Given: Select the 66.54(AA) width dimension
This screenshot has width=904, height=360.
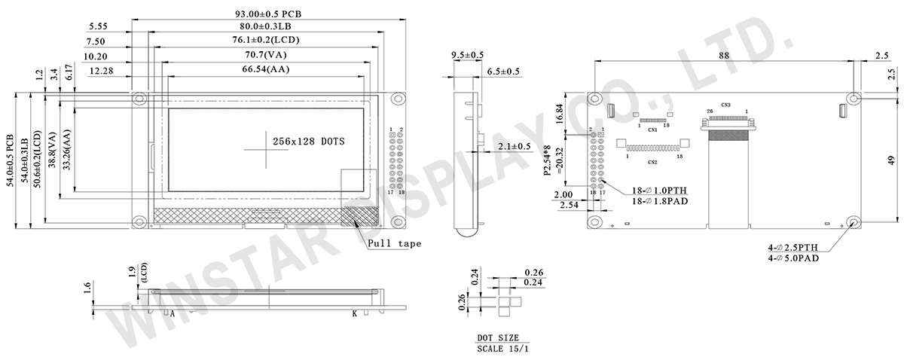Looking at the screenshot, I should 266,69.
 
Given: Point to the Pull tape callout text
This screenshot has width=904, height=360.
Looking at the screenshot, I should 394,244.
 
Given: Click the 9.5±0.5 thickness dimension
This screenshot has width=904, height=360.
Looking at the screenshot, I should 467,55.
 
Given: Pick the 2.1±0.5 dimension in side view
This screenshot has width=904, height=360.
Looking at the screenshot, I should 515,145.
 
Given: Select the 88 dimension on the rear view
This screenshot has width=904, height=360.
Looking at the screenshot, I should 723,55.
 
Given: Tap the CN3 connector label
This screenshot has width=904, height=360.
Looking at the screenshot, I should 725,105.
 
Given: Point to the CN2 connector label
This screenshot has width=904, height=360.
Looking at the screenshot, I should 652,162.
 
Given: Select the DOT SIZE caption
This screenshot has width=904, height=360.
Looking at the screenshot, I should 498,338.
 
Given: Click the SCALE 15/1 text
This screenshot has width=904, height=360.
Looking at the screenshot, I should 503,349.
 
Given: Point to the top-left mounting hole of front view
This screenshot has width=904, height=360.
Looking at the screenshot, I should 139,99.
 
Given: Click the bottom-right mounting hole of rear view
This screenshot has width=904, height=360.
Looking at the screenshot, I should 853,221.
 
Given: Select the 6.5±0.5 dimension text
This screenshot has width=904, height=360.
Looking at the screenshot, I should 503,71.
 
